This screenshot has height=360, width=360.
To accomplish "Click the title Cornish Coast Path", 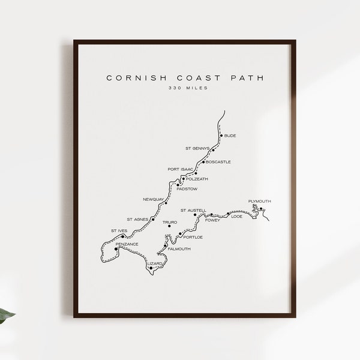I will (x=184, y=77).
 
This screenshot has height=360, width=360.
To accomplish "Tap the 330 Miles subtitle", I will (x=184, y=89).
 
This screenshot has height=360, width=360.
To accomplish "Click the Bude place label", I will (x=230, y=136).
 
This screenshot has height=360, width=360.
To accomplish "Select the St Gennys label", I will (x=197, y=148).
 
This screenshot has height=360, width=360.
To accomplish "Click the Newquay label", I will (x=153, y=199).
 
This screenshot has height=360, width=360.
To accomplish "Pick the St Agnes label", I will (x=137, y=219).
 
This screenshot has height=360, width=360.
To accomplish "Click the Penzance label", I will (x=127, y=244).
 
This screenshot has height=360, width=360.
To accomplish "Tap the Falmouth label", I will (x=179, y=248).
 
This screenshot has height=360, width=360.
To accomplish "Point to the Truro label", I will (x=170, y=222).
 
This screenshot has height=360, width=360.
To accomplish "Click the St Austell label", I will (x=193, y=210).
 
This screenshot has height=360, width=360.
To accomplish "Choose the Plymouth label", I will (x=259, y=201).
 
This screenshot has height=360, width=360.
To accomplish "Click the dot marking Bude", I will (x=221, y=136).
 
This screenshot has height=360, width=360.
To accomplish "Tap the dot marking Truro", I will (x=169, y=226).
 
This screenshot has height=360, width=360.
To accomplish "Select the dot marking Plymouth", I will (x=262, y=209).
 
